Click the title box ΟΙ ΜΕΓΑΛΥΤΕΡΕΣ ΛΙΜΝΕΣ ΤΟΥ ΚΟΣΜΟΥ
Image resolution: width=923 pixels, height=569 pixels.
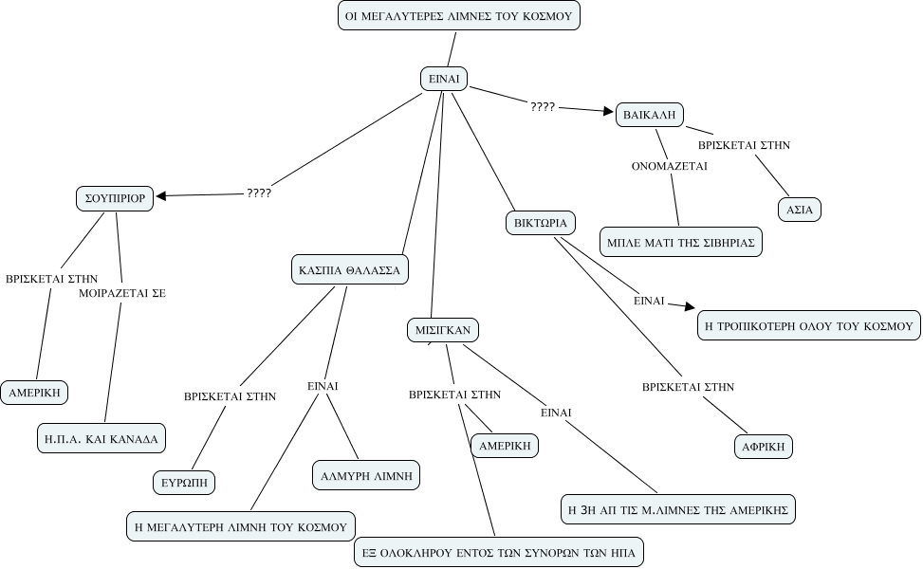[458, 16]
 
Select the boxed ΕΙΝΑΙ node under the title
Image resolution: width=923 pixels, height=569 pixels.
[444, 79]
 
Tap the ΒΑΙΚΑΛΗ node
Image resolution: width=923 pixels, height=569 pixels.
[649, 115]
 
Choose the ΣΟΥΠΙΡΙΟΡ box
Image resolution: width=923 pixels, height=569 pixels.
[115, 198]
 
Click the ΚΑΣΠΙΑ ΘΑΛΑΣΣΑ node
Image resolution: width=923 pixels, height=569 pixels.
[350, 270]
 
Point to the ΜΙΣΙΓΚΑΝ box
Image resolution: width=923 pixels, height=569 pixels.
[443, 330]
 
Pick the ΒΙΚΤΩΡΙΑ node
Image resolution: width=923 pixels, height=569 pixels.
[541, 223]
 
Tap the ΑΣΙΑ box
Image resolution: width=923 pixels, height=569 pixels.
[800, 210]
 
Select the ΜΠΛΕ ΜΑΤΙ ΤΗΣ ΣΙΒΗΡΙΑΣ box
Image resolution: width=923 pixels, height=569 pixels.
[681, 242]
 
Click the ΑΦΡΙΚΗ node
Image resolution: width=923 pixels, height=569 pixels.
[764, 447]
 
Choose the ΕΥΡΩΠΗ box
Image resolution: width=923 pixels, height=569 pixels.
[184, 483]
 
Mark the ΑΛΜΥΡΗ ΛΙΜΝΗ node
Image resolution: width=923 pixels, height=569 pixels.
[366, 475]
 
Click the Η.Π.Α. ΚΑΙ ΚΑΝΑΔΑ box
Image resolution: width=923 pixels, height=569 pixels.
[102, 438]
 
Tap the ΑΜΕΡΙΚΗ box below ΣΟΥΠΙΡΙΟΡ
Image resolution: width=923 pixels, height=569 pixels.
[35, 393]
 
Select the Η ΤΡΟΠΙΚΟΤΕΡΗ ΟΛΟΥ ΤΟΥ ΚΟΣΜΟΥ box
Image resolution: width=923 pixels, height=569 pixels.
[809, 325]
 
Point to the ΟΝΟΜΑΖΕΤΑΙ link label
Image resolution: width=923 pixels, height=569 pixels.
[670, 166]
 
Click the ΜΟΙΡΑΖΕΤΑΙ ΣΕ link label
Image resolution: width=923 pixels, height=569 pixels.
[122, 293]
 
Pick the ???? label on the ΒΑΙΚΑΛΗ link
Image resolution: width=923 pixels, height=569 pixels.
[543, 106]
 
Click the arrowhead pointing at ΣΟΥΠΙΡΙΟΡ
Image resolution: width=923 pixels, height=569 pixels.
[161, 196]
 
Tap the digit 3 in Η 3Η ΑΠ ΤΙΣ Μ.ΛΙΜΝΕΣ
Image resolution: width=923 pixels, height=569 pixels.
[585, 509]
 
